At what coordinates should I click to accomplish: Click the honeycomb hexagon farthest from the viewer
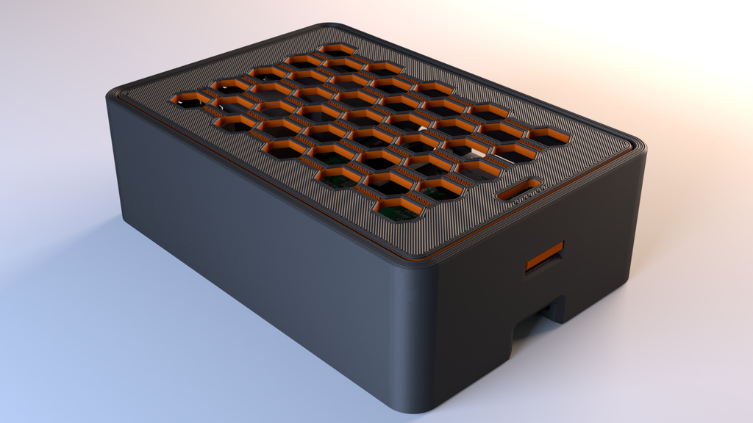[x=338, y=50]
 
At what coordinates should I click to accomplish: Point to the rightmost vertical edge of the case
[x=638, y=220]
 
